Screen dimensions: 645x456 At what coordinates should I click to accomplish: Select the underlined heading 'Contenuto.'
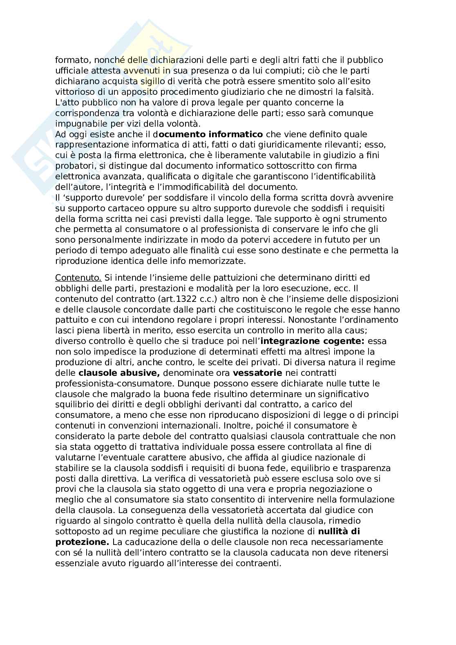(x=78, y=278)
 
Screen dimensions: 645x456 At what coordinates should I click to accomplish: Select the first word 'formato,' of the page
(x=70, y=60)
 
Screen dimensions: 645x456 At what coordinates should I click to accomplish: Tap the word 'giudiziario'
(x=254, y=92)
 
